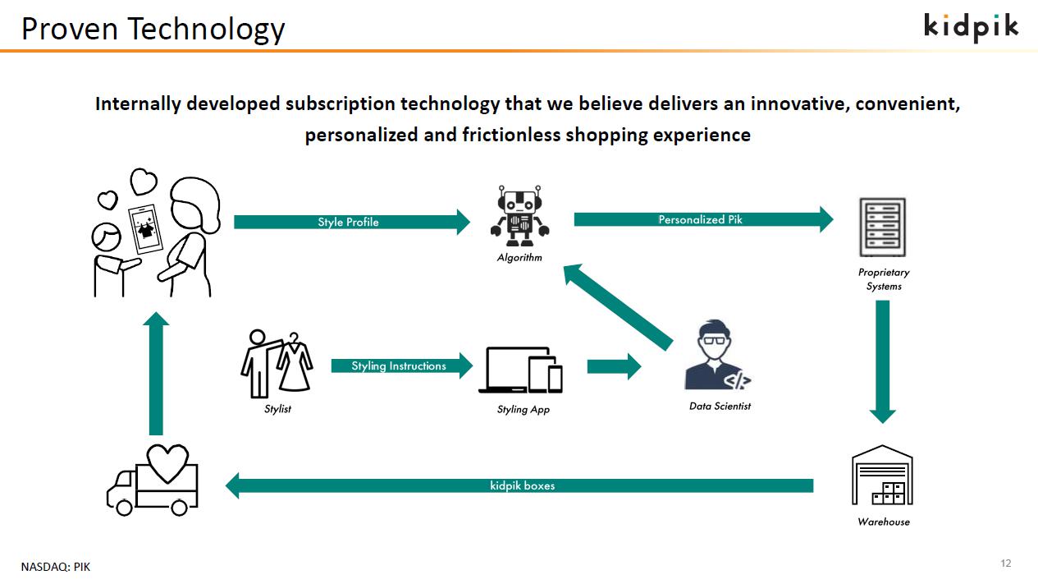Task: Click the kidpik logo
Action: [x=971, y=27]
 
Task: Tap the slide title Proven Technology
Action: [x=153, y=29]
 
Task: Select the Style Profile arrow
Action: [x=352, y=222]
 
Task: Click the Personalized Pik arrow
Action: [x=703, y=219]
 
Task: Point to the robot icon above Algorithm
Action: [x=520, y=216]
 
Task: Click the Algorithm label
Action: [x=519, y=257]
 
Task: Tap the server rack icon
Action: [x=882, y=228]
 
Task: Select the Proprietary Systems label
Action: [x=884, y=279]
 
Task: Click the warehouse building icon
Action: [x=882, y=475]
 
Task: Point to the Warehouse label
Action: [x=884, y=522]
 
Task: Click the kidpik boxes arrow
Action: [x=519, y=485]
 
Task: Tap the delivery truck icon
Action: [x=153, y=480]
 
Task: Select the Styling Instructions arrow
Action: [x=402, y=366]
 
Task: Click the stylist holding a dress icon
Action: [x=277, y=364]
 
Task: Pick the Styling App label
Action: [x=524, y=410]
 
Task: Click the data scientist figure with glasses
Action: [x=717, y=355]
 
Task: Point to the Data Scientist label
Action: [x=720, y=407]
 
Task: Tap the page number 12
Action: [x=1005, y=563]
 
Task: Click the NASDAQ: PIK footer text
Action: [x=56, y=567]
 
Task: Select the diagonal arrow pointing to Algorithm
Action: [x=618, y=307]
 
